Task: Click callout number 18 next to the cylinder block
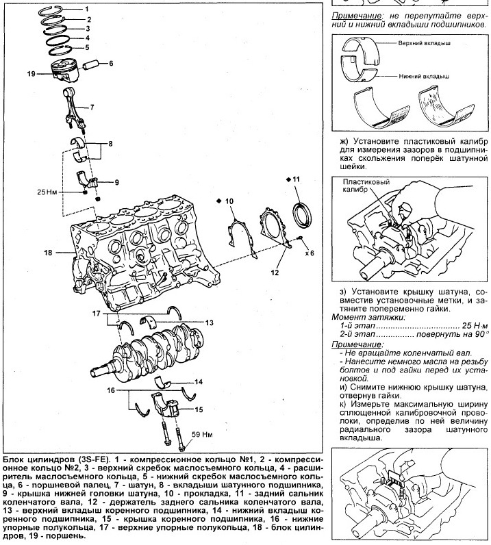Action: coord(48,253)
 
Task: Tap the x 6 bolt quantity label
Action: coord(310,253)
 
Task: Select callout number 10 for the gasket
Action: coord(229,201)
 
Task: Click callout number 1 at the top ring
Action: coord(87,9)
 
